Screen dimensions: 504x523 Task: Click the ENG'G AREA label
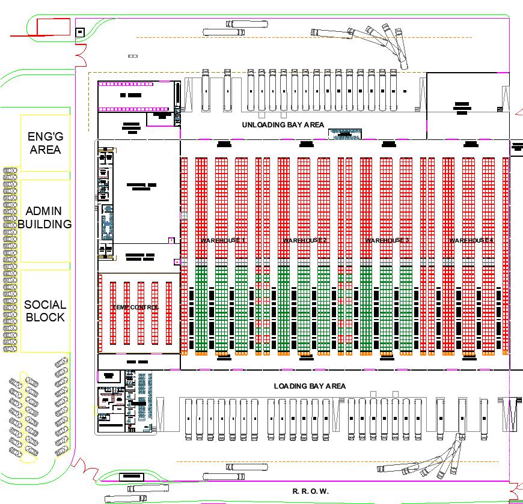click(44, 143)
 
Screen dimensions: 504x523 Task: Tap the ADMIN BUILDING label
click(44, 217)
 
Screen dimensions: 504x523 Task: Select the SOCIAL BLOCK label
click(44, 311)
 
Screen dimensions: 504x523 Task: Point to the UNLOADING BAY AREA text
click(283, 125)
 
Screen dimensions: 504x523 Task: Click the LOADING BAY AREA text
click(310, 386)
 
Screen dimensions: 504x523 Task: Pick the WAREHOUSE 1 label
click(223, 240)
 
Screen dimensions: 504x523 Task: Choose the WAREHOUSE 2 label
click(305, 240)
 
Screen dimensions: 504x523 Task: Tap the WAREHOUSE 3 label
click(387, 240)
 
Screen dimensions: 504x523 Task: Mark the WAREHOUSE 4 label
click(471, 240)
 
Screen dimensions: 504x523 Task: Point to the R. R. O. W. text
click(310, 491)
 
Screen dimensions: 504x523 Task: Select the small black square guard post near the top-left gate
click(80, 32)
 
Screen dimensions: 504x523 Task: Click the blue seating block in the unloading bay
click(344, 134)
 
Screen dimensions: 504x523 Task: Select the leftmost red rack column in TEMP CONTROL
click(112, 312)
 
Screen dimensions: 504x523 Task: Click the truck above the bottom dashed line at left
click(243, 467)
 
